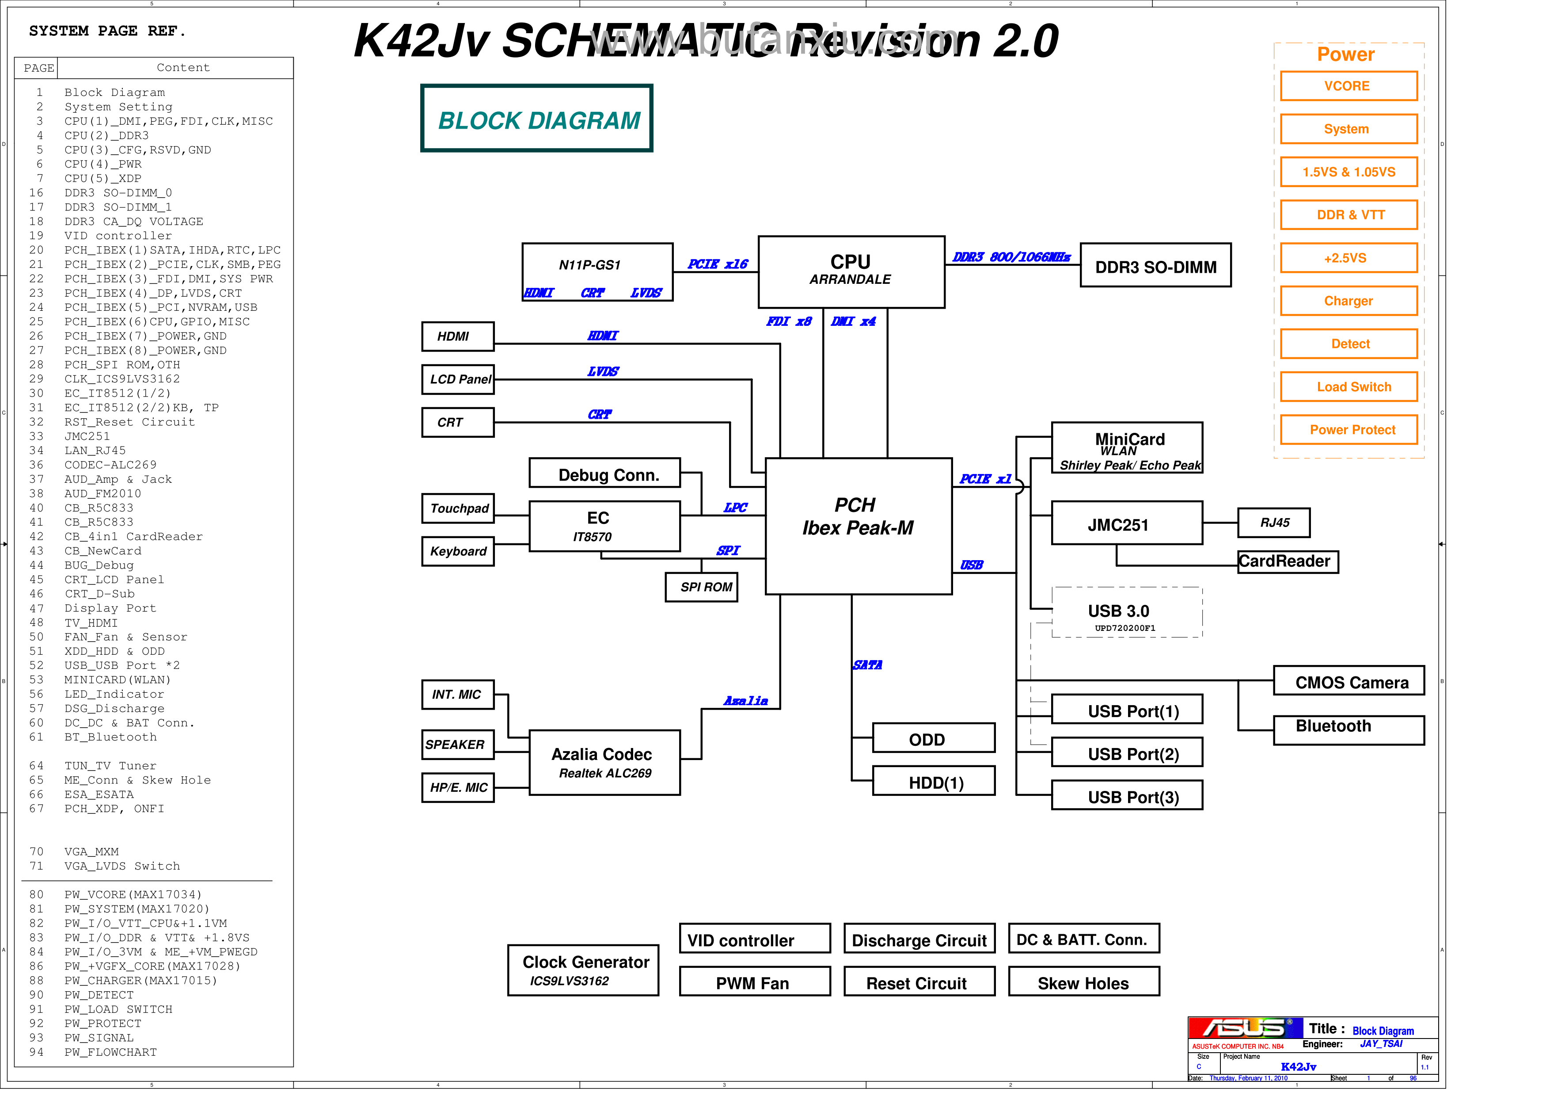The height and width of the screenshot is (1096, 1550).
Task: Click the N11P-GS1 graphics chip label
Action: point(589,265)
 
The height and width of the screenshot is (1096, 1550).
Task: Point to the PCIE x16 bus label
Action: point(717,264)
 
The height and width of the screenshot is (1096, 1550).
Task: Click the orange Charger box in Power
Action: point(1348,301)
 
